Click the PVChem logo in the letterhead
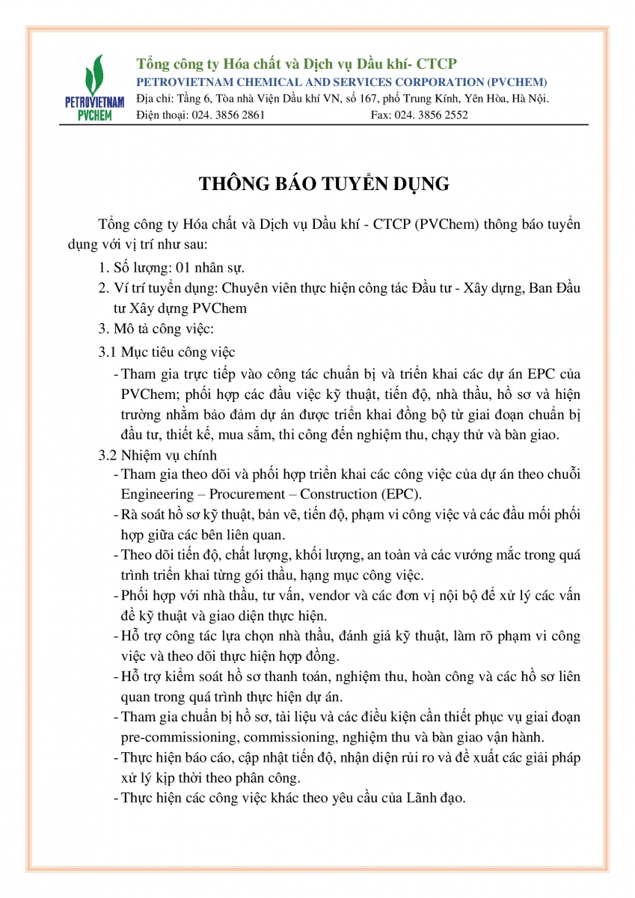point(94,89)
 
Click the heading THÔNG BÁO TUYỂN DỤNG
point(324,183)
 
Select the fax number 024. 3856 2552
point(432,115)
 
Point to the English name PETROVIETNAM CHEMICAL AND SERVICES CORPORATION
point(341,82)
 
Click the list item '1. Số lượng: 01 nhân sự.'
point(173,267)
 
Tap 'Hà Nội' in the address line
point(534,99)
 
